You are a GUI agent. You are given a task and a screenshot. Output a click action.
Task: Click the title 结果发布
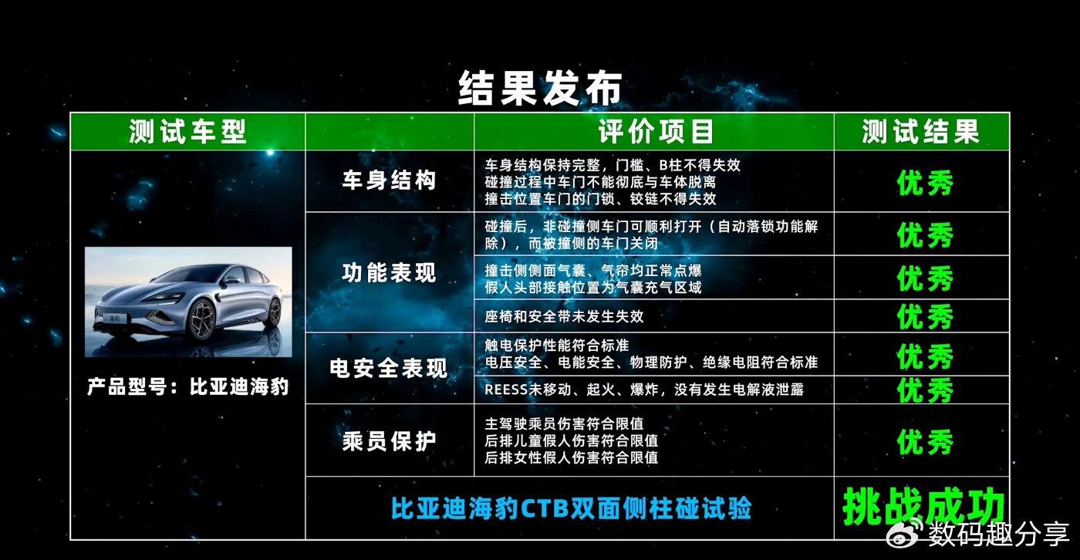(540, 88)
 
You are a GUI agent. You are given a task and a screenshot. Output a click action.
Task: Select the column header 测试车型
(187, 131)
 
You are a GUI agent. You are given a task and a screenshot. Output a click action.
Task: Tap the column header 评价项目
(656, 131)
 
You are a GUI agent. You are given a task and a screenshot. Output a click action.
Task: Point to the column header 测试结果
(921, 131)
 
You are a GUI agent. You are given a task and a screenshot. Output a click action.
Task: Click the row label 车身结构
(389, 180)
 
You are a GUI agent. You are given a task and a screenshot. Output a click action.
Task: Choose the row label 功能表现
(389, 272)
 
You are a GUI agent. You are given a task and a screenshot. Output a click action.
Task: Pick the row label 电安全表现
(389, 368)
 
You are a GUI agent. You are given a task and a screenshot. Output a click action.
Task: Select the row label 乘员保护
(389, 440)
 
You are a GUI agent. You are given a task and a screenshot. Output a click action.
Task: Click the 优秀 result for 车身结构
(925, 183)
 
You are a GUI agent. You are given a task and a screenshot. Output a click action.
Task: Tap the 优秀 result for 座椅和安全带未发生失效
(925, 316)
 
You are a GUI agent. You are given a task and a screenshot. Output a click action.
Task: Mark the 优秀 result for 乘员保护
(925, 441)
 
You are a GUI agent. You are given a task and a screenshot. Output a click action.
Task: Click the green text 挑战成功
(924, 507)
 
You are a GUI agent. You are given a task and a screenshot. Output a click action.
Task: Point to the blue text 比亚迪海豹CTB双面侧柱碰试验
(571, 508)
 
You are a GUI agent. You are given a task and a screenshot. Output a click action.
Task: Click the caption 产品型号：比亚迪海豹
(188, 386)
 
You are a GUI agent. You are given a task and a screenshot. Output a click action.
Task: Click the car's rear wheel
(275, 312)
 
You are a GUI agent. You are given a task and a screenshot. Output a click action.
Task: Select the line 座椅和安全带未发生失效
(564, 316)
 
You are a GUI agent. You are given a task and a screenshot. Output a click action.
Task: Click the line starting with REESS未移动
(644, 390)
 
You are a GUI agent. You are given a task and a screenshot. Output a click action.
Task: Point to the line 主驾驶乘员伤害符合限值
(564, 423)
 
